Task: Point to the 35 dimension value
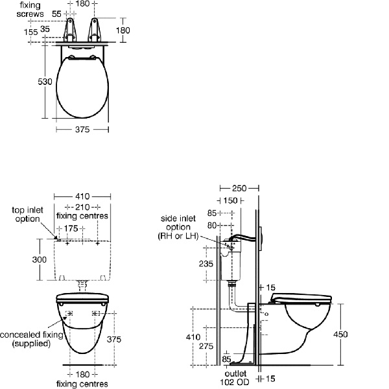pyautogui.click(x=45, y=29)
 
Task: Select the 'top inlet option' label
pyautogui.click(x=28, y=214)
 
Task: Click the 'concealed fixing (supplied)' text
pyautogui.click(x=32, y=339)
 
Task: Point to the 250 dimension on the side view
pyautogui.click(x=239, y=188)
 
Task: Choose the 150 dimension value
pyautogui.click(x=231, y=200)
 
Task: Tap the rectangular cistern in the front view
pyautogui.click(x=82, y=259)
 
